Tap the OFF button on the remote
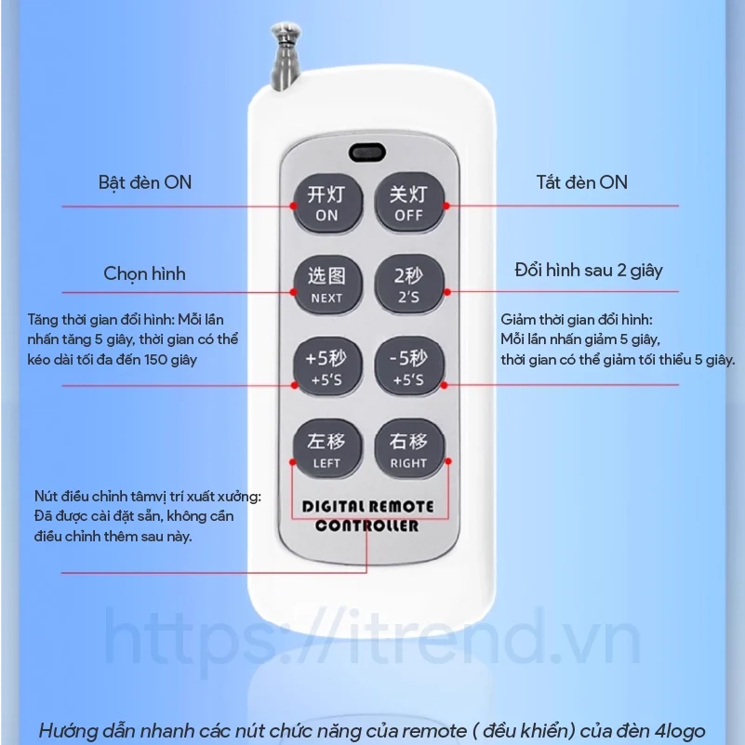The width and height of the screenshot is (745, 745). [x=409, y=202]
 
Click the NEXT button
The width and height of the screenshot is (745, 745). [x=327, y=286]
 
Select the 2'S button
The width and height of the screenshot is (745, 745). [x=409, y=286]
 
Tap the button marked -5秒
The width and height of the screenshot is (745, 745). [x=409, y=366]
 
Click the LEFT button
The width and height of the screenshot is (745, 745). [x=327, y=448]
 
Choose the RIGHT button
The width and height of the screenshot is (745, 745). [x=409, y=448]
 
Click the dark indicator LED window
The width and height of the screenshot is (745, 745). [x=366, y=153]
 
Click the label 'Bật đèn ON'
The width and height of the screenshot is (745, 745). [x=145, y=183]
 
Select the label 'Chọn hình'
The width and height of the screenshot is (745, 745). [x=144, y=274]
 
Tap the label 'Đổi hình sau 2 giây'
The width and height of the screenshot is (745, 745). [x=589, y=271]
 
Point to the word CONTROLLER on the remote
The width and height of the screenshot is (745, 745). [x=366, y=525]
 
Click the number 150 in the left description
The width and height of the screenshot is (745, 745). [x=156, y=360]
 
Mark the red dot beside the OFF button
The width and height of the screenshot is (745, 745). [x=446, y=206]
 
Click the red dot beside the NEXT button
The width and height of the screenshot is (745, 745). [x=294, y=292]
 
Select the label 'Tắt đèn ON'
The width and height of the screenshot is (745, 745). [x=582, y=182]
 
